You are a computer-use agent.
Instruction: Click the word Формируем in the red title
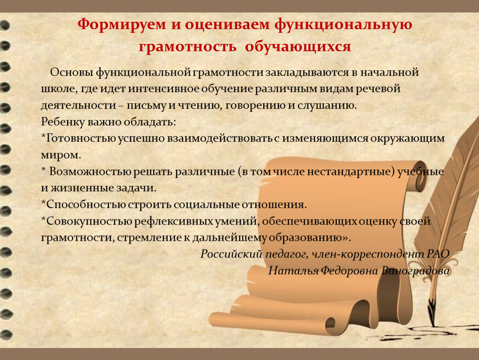pos(122,25)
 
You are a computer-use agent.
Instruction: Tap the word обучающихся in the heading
pos(298,47)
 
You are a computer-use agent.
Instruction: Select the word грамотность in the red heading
pos(187,46)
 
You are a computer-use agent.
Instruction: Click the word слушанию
pos(327,106)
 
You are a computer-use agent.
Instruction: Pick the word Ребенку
pos(62,122)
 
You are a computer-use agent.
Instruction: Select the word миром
pos(61,155)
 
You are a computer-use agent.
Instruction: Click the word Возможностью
pos(90,171)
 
